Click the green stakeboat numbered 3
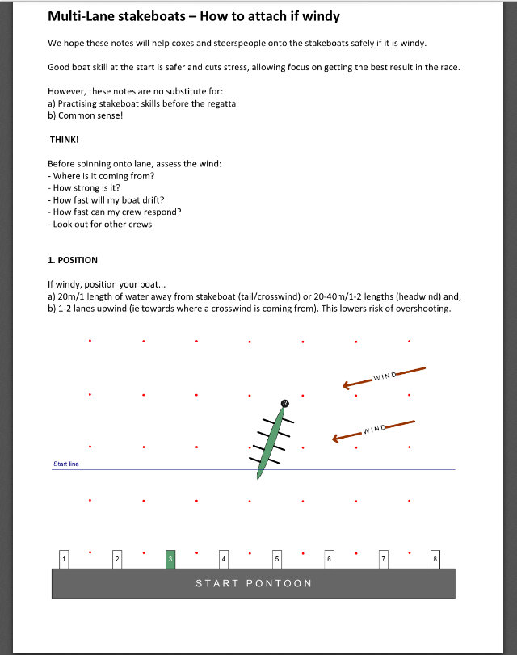(170, 559)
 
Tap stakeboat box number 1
(64, 559)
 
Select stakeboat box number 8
(435, 559)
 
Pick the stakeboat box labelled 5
(276, 559)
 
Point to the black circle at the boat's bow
(284, 403)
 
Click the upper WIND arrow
(384, 377)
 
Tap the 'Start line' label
(66, 464)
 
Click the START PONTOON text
(254, 583)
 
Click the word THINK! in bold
(64, 139)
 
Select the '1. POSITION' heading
(73, 260)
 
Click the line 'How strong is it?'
(90, 188)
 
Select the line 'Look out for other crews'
(103, 224)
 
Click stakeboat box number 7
(383, 559)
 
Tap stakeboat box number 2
(117, 559)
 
